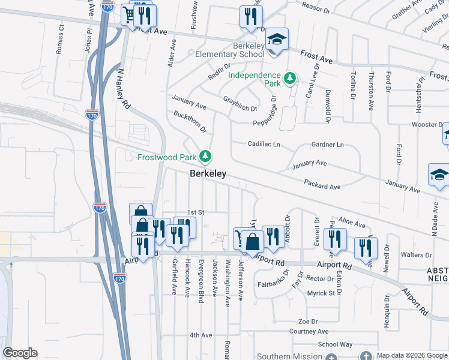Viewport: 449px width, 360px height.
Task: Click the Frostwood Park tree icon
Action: pyautogui.click(x=206, y=157)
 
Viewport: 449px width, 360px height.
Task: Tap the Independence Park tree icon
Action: pyautogui.click(x=290, y=79)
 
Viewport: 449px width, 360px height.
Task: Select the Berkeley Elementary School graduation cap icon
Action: pyautogui.click(x=277, y=40)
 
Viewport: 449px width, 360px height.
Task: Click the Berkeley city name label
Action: pyautogui.click(x=208, y=173)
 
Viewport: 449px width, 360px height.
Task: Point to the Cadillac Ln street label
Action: pyautogui.click(x=264, y=144)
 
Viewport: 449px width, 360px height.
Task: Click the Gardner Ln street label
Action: pyautogui.click(x=327, y=145)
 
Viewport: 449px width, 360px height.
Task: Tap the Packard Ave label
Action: pyautogui.click(x=322, y=187)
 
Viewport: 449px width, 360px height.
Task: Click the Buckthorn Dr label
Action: pyautogui.click(x=190, y=121)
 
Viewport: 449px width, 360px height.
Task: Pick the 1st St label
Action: pyautogui.click(x=196, y=212)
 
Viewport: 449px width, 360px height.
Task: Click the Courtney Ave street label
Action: pyautogui.click(x=309, y=331)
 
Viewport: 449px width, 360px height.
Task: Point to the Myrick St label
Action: pyautogui.click(x=321, y=293)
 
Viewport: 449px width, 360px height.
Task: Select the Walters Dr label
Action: pyautogui.click(x=412, y=254)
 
